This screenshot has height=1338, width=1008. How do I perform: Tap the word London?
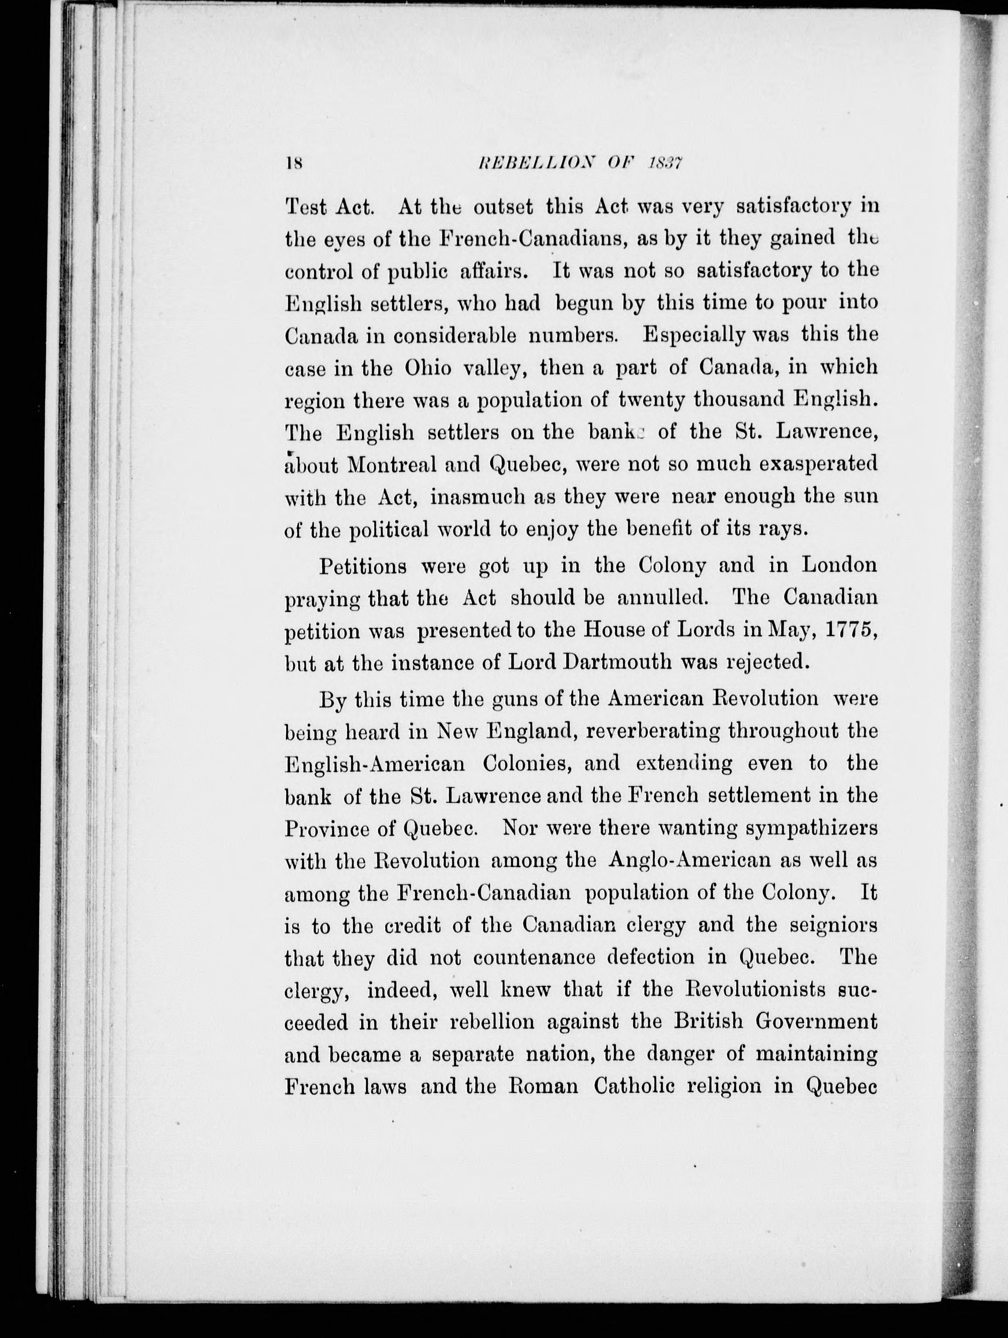pyautogui.click(x=839, y=565)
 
